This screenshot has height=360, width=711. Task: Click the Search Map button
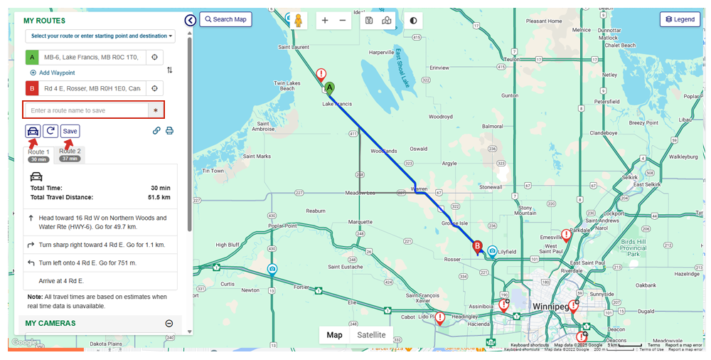click(x=225, y=19)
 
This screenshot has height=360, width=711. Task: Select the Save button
click(x=70, y=131)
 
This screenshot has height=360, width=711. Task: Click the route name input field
click(x=86, y=110)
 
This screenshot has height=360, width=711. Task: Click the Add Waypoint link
click(x=53, y=73)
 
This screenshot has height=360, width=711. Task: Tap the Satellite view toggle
click(x=371, y=335)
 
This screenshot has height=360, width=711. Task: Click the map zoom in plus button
click(x=325, y=21)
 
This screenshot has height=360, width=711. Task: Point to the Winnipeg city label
click(x=550, y=307)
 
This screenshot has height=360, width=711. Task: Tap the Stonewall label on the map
click(x=491, y=186)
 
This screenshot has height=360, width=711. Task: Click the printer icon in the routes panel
click(x=169, y=130)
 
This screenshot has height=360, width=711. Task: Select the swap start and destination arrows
click(x=170, y=70)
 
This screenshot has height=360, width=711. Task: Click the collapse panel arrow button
click(x=190, y=21)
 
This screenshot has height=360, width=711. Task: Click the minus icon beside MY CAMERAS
click(x=169, y=323)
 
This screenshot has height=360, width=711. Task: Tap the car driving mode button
click(x=33, y=131)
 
